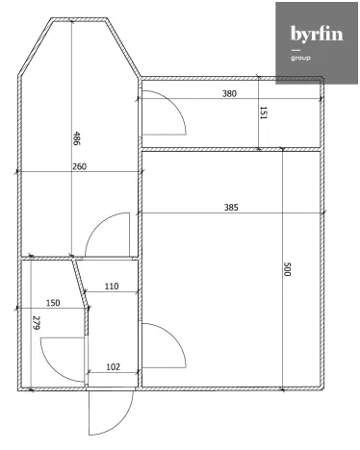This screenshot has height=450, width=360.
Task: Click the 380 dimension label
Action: click(229, 94)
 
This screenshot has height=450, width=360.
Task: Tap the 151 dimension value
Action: click(264, 112)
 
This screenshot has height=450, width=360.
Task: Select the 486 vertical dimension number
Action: click(77, 138)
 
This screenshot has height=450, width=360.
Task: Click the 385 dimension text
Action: click(230, 207)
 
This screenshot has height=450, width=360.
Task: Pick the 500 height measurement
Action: click(286, 269)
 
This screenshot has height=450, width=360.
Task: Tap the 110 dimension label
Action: click(111, 287)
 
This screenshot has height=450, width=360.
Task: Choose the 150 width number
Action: click(52, 303)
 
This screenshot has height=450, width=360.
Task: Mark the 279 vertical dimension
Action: click(36, 324)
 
